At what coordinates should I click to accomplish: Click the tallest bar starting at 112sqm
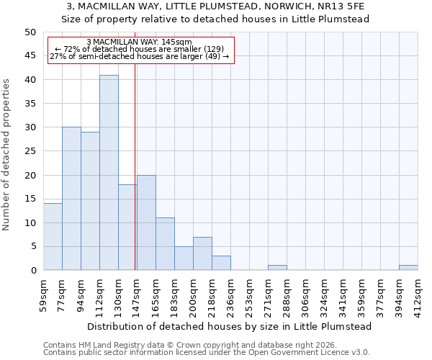pyautogui.click(x=109, y=173)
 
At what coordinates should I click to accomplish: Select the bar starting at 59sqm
pyautogui.click(x=53, y=237)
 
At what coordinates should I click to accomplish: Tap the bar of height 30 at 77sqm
pyautogui.click(x=71, y=199)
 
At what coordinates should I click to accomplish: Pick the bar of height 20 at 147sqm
pyautogui.click(x=146, y=222)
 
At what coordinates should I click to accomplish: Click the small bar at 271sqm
pyautogui.click(x=277, y=268)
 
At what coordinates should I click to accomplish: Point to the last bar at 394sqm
pyautogui.click(x=408, y=268)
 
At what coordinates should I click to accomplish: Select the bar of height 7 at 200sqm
pyautogui.click(x=202, y=253)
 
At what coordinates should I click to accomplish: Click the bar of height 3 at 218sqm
pyautogui.click(x=221, y=263)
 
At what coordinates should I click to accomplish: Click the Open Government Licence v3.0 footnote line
pyautogui.click(x=206, y=352)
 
